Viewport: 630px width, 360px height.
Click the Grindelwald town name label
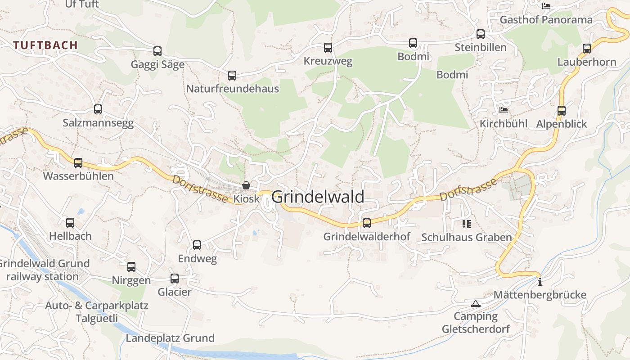318,197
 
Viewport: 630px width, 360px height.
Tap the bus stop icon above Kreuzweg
328,47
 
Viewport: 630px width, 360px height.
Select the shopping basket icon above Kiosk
246,185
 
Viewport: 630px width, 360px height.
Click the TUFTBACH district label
45,45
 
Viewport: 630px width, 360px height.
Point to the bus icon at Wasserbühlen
78,162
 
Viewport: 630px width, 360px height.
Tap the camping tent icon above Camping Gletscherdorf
476,303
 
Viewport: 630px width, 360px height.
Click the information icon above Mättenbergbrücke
540,282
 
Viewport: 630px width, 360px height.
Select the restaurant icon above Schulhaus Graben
466,224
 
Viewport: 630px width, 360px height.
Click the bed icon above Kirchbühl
504,110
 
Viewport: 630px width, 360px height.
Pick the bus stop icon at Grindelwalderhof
367,223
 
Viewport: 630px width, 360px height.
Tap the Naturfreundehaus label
233,89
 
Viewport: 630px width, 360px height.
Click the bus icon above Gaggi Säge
157,51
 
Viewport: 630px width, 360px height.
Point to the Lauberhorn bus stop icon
587,49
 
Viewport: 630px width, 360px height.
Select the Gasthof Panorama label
546,20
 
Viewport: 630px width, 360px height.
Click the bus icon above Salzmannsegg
98,109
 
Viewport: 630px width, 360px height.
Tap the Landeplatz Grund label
170,338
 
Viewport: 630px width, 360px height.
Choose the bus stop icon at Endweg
197,245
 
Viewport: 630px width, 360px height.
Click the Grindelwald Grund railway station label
44,270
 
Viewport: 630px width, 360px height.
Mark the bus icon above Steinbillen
481,34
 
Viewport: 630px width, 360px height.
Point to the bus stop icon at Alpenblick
562,110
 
